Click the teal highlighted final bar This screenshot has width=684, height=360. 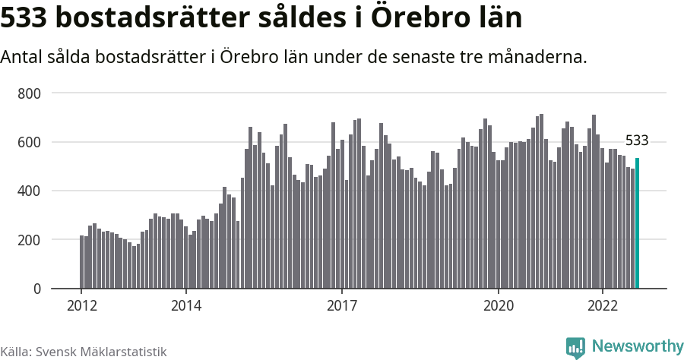coord(637,223)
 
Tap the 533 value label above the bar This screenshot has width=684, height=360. coord(637,141)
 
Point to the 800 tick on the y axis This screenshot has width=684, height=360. coord(29,93)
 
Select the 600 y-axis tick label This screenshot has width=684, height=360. coord(29,142)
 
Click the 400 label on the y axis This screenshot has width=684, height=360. coord(29,191)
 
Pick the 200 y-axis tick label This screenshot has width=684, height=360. coord(29,240)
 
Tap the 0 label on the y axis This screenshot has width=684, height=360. coord(36,289)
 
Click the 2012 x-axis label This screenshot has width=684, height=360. coord(81,306)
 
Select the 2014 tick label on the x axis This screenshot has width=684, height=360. coord(185,306)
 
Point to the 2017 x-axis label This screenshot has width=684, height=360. coord(342,306)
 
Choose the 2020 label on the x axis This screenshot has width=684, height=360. coord(499,306)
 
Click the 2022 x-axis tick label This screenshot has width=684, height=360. coord(603,306)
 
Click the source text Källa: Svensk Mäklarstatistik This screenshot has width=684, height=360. coord(83,352)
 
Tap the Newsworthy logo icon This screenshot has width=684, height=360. coord(575,347)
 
